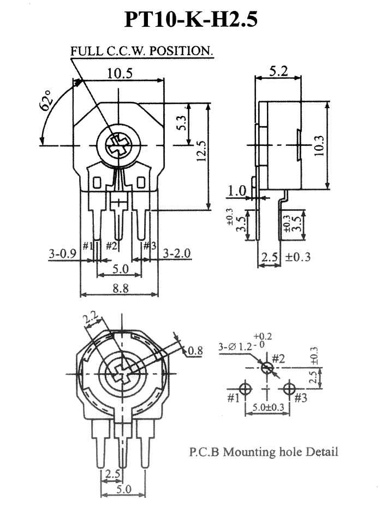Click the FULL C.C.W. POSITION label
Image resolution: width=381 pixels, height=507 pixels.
coord(141,51)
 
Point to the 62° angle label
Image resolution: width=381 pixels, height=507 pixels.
coord(46,100)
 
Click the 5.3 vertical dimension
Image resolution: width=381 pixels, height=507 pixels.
coord(182,123)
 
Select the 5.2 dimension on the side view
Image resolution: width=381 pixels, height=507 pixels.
coord(278,71)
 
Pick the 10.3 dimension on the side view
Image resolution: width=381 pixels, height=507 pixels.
coord(319,145)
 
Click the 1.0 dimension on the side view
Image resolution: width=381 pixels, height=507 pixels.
coord(237,191)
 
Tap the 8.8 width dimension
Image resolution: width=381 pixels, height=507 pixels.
coord(121,288)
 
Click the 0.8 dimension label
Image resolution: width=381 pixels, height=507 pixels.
coord(195,350)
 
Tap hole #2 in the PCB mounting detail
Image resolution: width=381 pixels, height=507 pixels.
coord(267,368)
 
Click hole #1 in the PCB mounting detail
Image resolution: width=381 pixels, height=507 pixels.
coord(245,388)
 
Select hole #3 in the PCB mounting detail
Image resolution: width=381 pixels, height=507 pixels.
coord(289,388)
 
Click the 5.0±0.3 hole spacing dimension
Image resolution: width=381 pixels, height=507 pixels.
coord(268,407)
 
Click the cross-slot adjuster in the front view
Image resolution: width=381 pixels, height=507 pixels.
coord(118,145)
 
